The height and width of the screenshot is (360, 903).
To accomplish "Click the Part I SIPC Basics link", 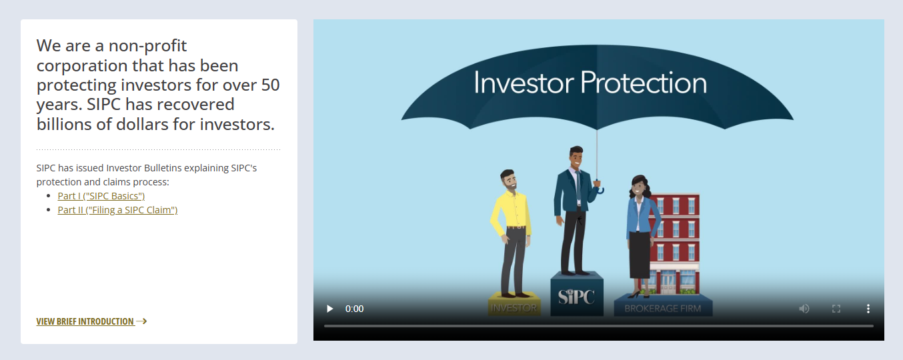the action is pyautogui.click(x=101, y=196).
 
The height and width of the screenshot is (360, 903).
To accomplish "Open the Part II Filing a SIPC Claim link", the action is pyautogui.click(x=117, y=210).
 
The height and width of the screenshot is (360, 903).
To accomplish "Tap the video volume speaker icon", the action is pyautogui.click(x=804, y=309).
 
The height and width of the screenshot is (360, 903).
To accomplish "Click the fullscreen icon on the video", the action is pyautogui.click(x=836, y=309).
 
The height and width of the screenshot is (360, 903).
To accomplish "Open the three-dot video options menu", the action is pyautogui.click(x=868, y=309).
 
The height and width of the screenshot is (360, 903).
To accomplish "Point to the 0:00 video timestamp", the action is pyautogui.click(x=354, y=309).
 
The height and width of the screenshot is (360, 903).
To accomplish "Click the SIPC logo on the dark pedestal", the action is pyautogui.click(x=576, y=297).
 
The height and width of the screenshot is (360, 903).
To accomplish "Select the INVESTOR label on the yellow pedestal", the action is pyautogui.click(x=514, y=308).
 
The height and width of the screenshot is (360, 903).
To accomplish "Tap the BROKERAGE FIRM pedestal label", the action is pyautogui.click(x=663, y=309).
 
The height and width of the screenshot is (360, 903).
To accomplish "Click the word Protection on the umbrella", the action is pyautogui.click(x=644, y=83).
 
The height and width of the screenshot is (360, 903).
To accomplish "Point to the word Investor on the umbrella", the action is pyautogui.click(x=524, y=83).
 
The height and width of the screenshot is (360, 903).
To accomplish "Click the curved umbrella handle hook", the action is pyautogui.click(x=600, y=189).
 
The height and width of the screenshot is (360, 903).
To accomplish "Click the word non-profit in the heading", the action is pyautogui.click(x=147, y=46).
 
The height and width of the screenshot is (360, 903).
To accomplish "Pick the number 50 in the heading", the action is pyautogui.click(x=270, y=85).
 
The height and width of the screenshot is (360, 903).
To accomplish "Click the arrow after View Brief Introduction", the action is pyautogui.click(x=141, y=321).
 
